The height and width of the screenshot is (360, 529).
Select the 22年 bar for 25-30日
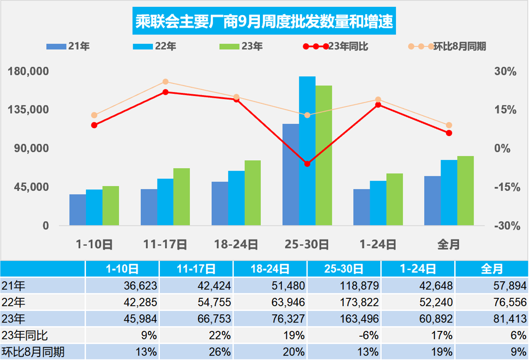click(x=307, y=151)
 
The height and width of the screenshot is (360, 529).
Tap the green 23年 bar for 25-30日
click(x=324, y=155)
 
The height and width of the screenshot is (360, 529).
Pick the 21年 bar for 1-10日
click(x=78, y=209)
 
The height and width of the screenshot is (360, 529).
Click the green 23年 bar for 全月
click(x=465, y=190)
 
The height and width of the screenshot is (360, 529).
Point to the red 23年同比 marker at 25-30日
click(x=307, y=164)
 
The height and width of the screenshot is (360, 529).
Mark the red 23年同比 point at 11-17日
click(x=165, y=92)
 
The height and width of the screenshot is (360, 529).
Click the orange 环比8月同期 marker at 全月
click(x=449, y=125)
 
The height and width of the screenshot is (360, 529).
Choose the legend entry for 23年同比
click(x=335, y=47)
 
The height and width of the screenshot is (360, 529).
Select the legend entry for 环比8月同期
click(x=447, y=47)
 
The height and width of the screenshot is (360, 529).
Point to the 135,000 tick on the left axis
click(x=29, y=110)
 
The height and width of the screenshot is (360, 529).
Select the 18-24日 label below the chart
click(x=236, y=244)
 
